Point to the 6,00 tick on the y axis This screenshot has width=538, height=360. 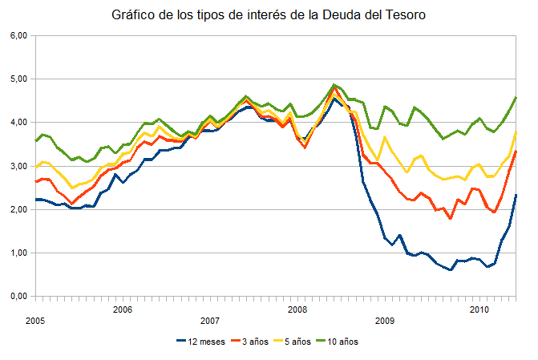[18, 36]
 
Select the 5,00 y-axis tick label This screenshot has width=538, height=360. [18, 79]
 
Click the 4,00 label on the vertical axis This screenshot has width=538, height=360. [18, 123]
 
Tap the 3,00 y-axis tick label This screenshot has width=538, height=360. [18, 166]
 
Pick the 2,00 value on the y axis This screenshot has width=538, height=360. [18, 209]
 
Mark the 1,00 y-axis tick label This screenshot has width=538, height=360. [18, 253]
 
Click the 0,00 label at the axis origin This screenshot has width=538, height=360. [18, 296]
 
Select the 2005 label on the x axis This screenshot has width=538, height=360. [34, 320]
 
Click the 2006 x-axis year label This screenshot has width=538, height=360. [122, 309]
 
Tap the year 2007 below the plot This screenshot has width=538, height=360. [210, 320]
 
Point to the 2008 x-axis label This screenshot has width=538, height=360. [297, 309]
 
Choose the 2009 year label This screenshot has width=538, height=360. [386, 320]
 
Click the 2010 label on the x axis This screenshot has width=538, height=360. [479, 309]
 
